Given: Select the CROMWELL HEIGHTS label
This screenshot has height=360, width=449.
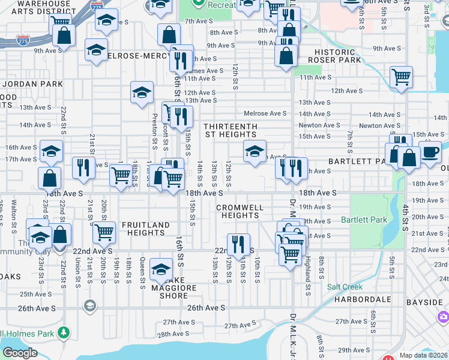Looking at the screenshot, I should coord(240,211).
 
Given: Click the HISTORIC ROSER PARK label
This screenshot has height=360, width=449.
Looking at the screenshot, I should coord(334,56).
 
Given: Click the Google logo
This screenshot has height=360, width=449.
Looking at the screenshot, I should coord(20,353).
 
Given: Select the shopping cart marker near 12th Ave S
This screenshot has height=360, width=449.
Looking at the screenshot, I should coord(400,77).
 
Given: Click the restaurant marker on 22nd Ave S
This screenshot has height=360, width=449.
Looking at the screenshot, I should coord(238,244).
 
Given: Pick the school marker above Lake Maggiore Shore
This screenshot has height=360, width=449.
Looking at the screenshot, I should coord(161,268).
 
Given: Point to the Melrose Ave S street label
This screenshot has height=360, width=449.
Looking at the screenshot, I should coord(265,113).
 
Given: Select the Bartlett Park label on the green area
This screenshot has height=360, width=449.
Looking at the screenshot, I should coord(364,220).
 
